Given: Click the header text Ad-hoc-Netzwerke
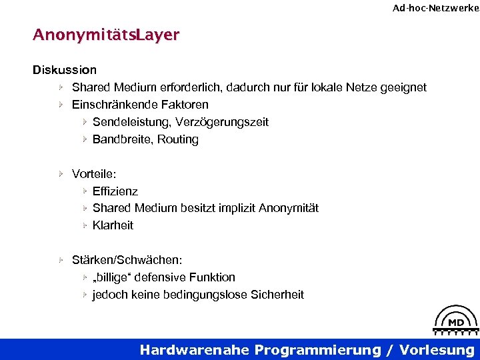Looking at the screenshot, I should [x=435, y=8].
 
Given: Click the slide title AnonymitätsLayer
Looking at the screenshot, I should [x=105, y=35].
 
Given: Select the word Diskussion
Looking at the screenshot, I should [x=65, y=69].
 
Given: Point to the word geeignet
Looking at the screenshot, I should [x=402, y=87].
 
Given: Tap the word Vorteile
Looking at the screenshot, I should [x=93, y=173].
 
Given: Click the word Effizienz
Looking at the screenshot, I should [x=115, y=191].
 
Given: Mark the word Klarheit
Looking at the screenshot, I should [x=113, y=225].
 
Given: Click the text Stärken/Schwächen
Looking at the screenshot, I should [x=127, y=259].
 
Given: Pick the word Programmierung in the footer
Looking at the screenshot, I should [x=323, y=350].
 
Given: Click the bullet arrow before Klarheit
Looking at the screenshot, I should [x=85, y=225].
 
